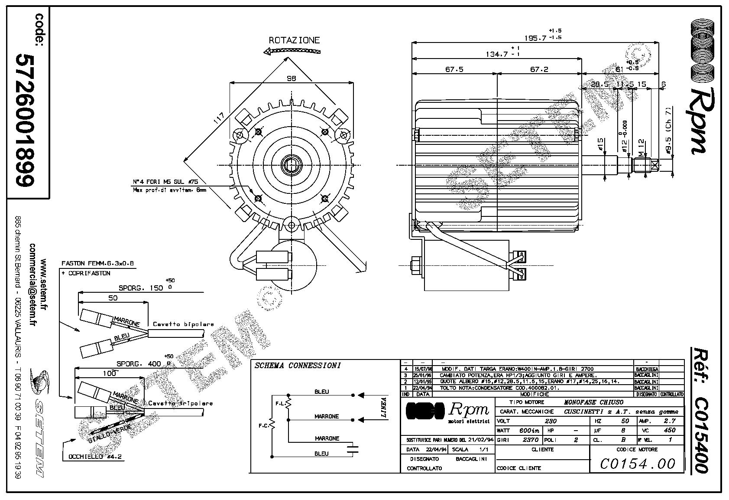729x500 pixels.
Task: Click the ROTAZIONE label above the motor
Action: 294,40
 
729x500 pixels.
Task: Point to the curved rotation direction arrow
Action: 292,51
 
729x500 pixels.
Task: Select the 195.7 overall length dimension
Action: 535,38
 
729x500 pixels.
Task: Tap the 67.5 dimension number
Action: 454,69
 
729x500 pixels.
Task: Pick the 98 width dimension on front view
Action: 292,78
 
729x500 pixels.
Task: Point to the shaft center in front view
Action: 291,164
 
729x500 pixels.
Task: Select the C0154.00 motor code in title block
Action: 638,464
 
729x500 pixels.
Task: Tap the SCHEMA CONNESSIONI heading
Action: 298,366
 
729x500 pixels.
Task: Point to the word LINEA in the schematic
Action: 383,408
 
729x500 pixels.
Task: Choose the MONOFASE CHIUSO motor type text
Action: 594,402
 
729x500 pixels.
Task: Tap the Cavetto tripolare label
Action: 181,403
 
